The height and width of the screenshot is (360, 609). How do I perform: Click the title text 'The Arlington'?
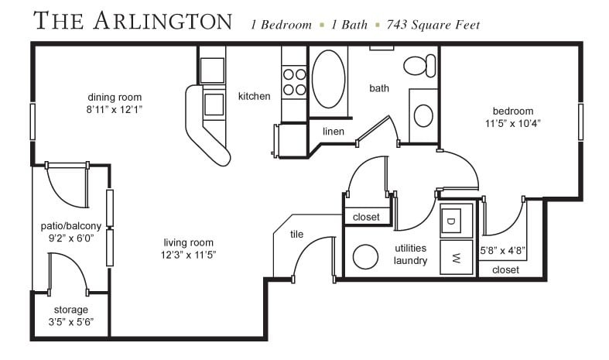133,21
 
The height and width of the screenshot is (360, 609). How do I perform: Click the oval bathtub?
330,79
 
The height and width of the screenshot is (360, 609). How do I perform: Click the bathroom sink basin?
423,116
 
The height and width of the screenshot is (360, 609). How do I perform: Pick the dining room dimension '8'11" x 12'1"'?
115,110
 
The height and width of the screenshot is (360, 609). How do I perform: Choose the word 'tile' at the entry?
296,234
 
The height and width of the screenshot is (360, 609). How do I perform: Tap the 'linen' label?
333,132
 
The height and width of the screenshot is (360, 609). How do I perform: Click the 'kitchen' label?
254,96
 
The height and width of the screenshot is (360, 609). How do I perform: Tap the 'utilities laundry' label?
410,255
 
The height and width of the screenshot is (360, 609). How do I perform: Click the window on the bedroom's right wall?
580,122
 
